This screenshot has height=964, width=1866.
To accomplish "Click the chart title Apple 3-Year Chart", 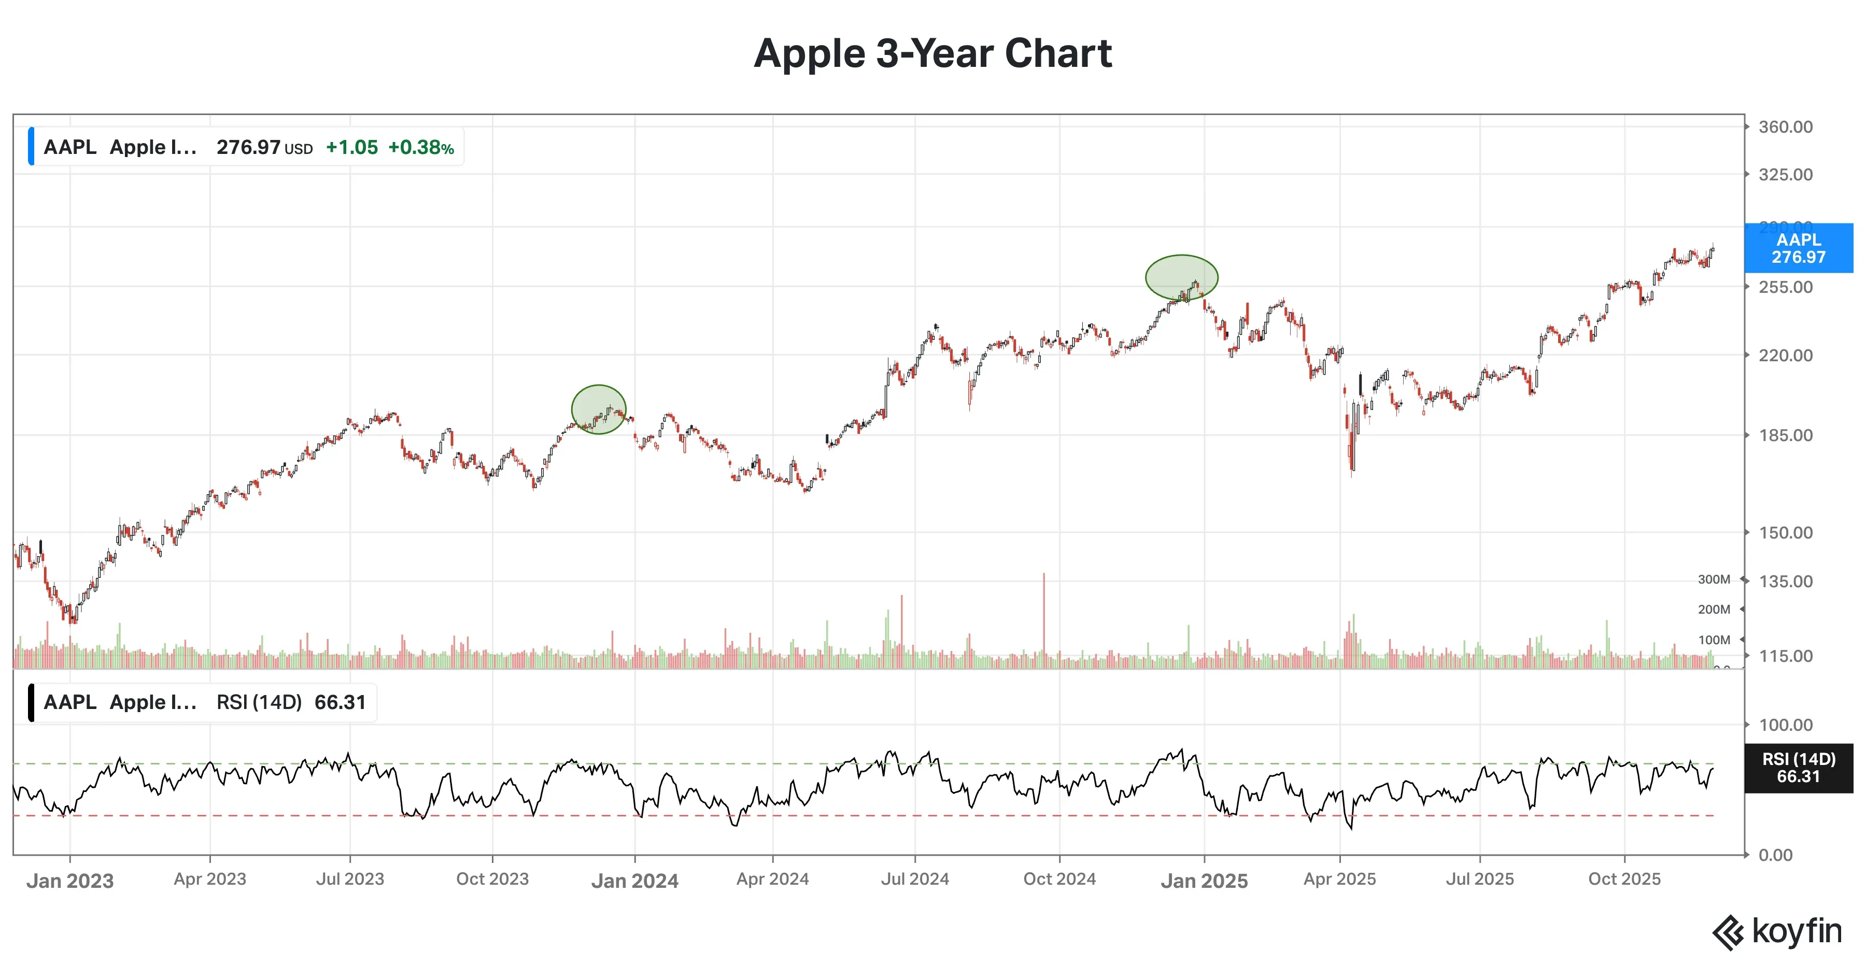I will click(932, 53).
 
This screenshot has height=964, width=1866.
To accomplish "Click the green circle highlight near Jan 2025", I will click(1181, 277).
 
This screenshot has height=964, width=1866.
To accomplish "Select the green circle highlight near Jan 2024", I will click(598, 409).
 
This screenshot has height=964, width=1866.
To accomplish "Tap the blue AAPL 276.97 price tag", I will click(1798, 248).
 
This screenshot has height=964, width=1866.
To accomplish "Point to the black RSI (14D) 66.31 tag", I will click(1798, 768).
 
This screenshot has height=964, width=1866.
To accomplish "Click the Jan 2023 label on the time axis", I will click(70, 881).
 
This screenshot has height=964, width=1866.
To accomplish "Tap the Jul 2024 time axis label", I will click(915, 879).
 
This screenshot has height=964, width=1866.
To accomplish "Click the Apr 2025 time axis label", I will click(1339, 879).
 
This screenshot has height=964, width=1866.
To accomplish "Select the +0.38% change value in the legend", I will click(421, 148).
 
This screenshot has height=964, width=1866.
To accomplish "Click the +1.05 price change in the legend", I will click(351, 148).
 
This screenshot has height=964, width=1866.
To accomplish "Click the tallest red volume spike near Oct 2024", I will click(1044, 616).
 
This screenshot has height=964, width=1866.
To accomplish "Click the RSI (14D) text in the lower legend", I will click(259, 703).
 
